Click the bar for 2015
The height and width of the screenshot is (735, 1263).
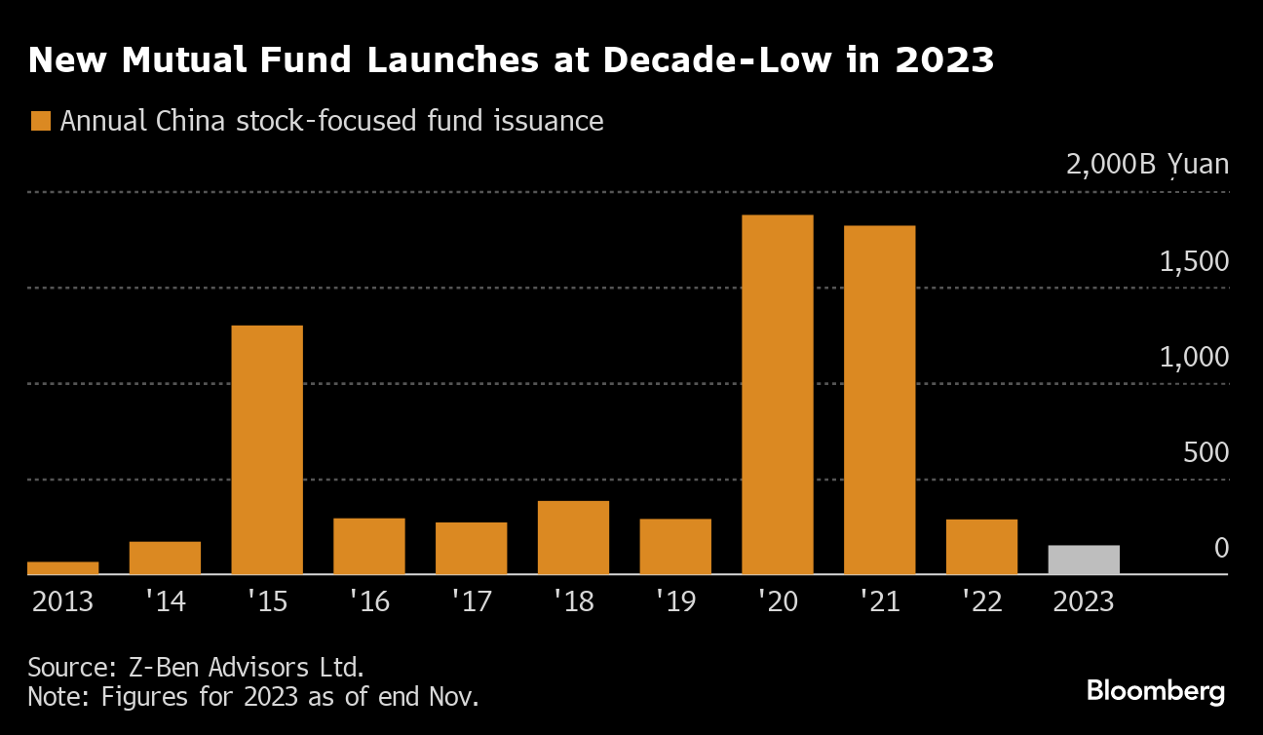[x=267, y=449]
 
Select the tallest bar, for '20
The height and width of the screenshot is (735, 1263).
[x=778, y=394]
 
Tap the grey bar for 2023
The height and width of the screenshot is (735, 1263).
[x=1084, y=560]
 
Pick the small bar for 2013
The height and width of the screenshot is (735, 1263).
[x=62, y=567]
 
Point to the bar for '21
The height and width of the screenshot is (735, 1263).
[x=879, y=400]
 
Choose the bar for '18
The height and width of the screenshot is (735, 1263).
[x=573, y=537]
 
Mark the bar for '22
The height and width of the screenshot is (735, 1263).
[x=981, y=547]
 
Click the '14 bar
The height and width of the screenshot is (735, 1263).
[x=165, y=558]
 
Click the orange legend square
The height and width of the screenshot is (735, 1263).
[x=41, y=122]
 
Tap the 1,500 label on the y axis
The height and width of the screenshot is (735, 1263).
[x=1194, y=262]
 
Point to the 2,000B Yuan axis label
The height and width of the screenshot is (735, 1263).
[x=1147, y=164]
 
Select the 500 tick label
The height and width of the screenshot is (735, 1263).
[x=1207, y=453]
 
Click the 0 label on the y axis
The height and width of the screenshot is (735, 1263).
[x=1221, y=549]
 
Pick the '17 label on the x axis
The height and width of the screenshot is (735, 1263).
[x=472, y=601]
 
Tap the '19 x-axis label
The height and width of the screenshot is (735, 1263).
[x=675, y=601]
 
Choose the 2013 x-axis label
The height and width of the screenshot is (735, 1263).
[x=62, y=601]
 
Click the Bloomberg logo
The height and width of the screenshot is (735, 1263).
[x=1156, y=691]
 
